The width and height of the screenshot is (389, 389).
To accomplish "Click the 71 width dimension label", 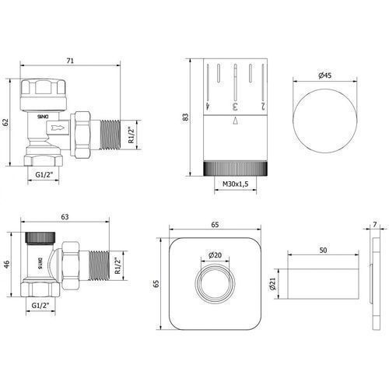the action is pyautogui.click(x=70, y=61).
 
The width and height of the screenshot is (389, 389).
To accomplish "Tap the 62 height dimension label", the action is pyautogui.click(x=5, y=122).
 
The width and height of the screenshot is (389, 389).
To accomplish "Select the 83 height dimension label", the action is pyautogui.click(x=186, y=117).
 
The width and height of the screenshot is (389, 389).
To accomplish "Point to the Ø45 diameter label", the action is pyautogui.click(x=324, y=75).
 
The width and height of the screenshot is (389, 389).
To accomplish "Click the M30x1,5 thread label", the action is pyautogui.click(x=236, y=184).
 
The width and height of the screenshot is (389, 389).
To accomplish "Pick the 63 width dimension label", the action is pyautogui.click(x=65, y=216).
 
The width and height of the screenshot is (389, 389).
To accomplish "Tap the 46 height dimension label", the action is pyautogui.click(x=7, y=265).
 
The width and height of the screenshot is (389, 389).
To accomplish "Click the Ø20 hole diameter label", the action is pyautogui.click(x=215, y=255).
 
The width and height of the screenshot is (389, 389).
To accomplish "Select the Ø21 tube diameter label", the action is pyautogui.click(x=272, y=284).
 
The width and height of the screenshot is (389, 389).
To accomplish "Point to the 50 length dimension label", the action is pyautogui.click(x=323, y=251).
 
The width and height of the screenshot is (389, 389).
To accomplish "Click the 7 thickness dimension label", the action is pyautogui.click(x=375, y=225).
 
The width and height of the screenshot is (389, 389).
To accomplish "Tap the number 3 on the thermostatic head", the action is pyautogui.click(x=235, y=107).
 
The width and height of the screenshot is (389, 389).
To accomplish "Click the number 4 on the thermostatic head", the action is pyautogui.click(x=208, y=106).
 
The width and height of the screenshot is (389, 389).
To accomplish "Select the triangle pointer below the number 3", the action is pyautogui.click(x=235, y=121).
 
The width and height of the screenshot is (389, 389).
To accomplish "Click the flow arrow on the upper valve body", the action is pyautogui.click(x=58, y=128).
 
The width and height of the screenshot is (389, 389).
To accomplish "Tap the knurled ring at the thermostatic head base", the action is pyautogui.click(x=235, y=169).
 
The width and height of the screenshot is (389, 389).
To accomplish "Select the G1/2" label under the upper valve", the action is pyautogui.click(x=44, y=175).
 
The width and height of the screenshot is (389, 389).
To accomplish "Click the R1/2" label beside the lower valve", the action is pyautogui.click(x=118, y=265).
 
